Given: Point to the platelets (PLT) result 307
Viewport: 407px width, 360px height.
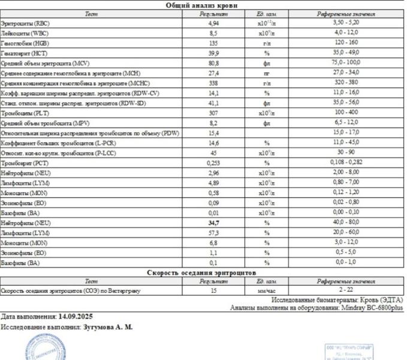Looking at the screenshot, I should pyautogui.click(x=213, y=112).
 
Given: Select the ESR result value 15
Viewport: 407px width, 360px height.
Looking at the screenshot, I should pyautogui.click(x=213, y=290).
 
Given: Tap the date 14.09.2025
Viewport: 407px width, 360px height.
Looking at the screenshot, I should pyautogui.click(x=76, y=316).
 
